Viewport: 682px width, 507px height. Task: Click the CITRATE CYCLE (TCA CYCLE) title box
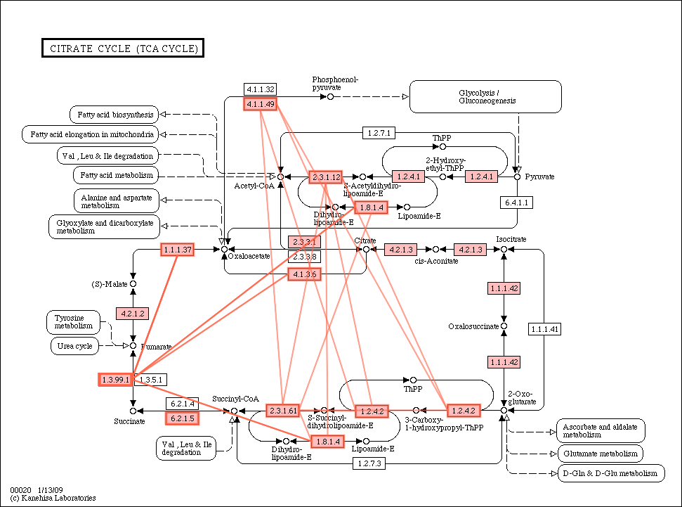click(x=123, y=48)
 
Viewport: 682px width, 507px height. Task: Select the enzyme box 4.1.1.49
click(x=260, y=104)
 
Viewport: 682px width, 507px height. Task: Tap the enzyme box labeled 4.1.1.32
click(x=260, y=89)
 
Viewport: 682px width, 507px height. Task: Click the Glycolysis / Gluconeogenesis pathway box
click(x=485, y=96)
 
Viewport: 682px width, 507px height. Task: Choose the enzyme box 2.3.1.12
click(x=326, y=177)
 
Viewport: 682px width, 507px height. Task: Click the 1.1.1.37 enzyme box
click(x=177, y=250)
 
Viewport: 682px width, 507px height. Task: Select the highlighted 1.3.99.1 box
click(x=115, y=380)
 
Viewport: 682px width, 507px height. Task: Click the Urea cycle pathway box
click(x=74, y=346)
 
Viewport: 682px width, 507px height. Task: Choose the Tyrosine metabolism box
click(x=73, y=322)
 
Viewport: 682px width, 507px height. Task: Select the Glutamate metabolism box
click(x=600, y=454)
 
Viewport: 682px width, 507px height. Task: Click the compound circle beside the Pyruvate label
click(x=518, y=177)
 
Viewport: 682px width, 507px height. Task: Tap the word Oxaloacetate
click(x=249, y=256)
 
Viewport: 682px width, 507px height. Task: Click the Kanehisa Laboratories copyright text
click(x=53, y=498)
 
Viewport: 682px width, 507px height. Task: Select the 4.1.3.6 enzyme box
click(x=305, y=274)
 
